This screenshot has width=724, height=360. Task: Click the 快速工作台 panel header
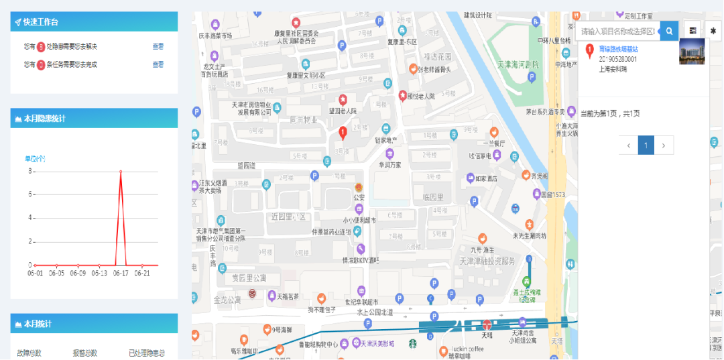41,22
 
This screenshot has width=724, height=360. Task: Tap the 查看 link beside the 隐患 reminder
158,46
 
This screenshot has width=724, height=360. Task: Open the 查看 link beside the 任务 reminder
158,64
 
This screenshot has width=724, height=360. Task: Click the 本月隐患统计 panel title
44,119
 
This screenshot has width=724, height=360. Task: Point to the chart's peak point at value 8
121,172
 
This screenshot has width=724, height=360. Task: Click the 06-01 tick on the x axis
36,273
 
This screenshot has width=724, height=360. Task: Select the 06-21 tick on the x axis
141,273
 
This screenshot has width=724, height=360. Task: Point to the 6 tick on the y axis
30,194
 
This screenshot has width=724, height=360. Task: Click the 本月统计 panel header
38,324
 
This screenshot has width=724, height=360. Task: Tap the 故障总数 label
29,353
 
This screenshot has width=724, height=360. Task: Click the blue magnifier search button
669,31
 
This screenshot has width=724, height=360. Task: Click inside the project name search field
617,31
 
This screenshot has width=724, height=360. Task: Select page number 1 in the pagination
646,145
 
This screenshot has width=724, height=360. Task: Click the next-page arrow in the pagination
664,145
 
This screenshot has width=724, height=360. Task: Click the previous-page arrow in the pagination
628,145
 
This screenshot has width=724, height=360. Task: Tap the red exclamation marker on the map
343,133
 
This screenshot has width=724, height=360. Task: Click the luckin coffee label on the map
467,349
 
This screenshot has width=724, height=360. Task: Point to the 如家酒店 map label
485,178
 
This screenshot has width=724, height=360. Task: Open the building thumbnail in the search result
692,52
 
